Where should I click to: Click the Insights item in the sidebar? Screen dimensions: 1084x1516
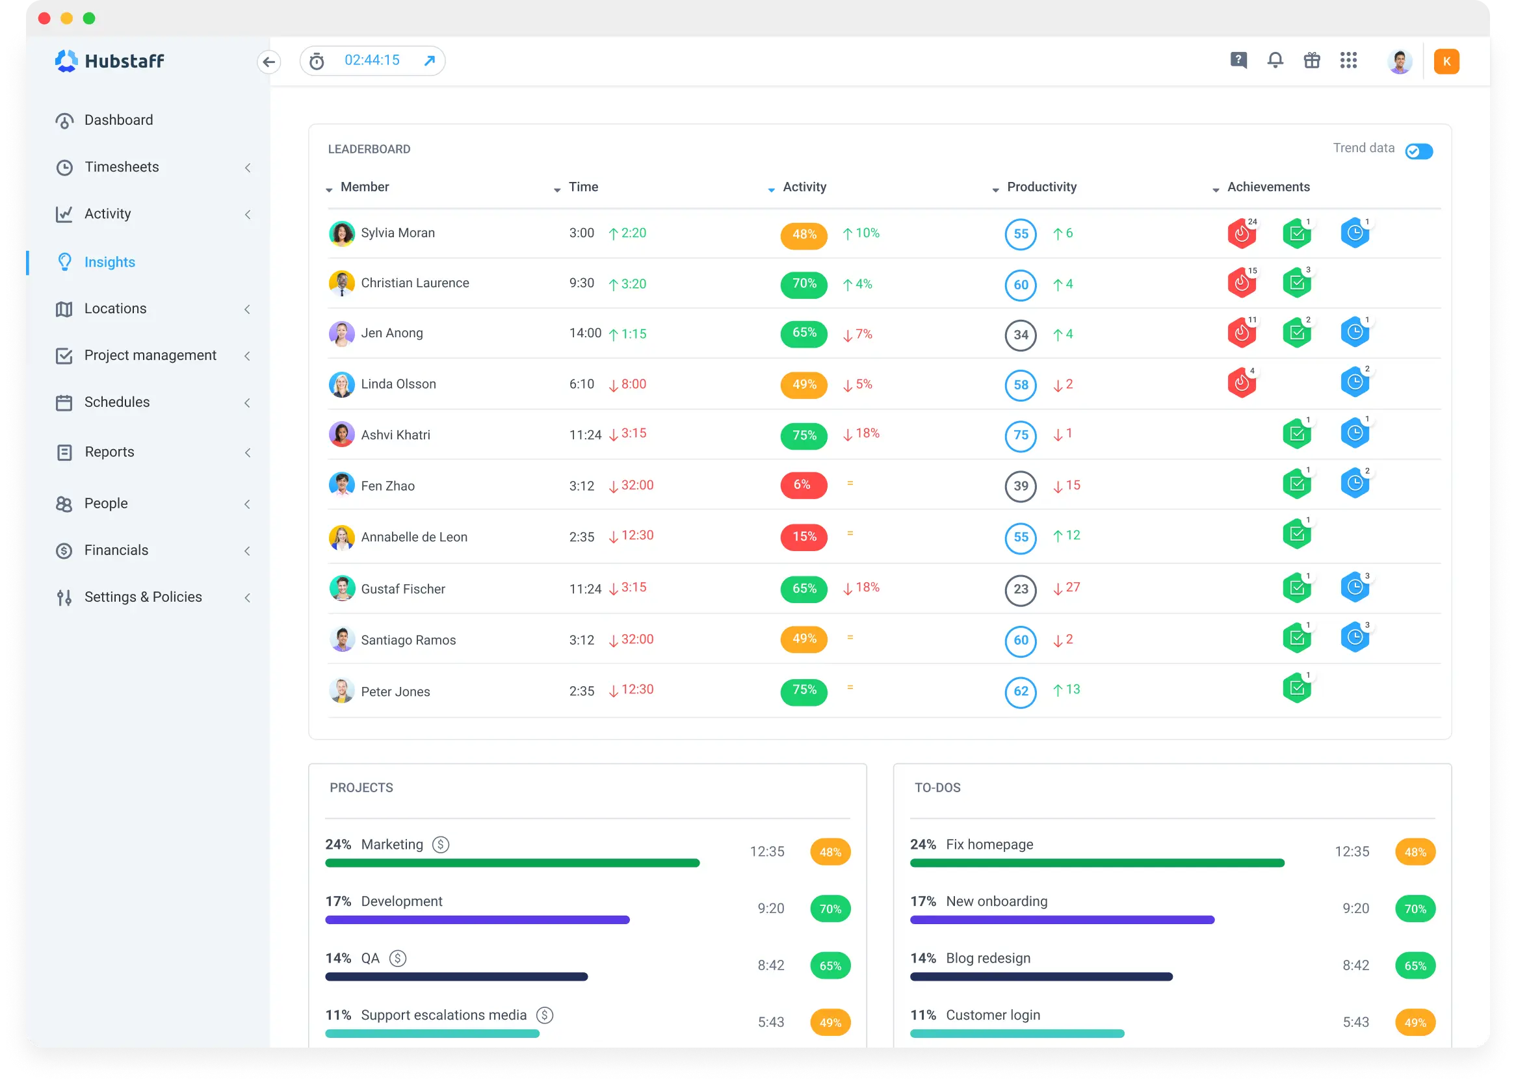tap(109, 263)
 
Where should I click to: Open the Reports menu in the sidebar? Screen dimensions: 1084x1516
tap(109, 452)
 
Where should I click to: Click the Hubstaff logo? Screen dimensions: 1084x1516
tap(110, 61)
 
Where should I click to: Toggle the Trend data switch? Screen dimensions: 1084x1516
tap(1418, 151)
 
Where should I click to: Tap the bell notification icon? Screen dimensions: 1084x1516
tap(1275, 60)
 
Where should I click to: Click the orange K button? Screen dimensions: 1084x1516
tap(1446, 61)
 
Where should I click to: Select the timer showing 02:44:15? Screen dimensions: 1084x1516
tap(372, 60)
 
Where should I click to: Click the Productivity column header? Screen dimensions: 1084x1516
tap(1041, 187)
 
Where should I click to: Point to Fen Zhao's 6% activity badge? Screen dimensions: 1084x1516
tap(803, 485)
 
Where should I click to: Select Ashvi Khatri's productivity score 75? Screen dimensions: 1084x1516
tap(1021, 435)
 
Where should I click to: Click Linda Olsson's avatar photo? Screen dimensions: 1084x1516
tap(342, 385)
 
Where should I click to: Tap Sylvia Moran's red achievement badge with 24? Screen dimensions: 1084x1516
tap(1242, 233)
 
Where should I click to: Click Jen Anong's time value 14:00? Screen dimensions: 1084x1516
tap(585, 333)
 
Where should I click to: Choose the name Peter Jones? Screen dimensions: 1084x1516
tap(395, 691)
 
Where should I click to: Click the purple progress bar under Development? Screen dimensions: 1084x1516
tap(477, 920)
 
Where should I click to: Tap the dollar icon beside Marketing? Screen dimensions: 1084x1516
tap(441, 844)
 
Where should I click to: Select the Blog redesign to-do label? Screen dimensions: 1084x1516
tap(988, 958)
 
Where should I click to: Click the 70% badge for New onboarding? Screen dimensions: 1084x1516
tap(1415, 909)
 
